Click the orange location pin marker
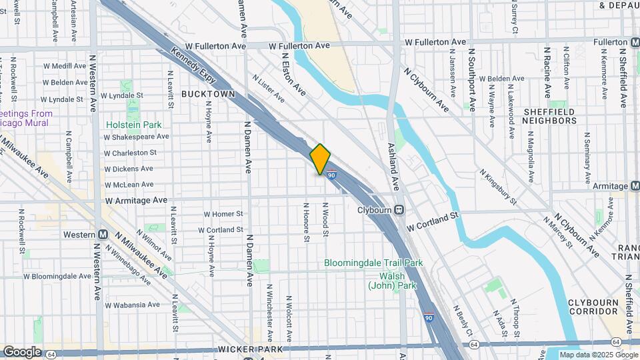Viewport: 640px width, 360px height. point(321,159)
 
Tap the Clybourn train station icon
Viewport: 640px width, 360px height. point(399,209)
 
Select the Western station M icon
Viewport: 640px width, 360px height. point(103,235)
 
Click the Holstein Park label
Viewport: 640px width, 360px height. point(133,125)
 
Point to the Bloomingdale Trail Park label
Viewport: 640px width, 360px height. point(373,263)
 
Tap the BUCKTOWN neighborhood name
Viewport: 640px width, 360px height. point(208,94)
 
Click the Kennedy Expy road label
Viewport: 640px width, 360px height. point(195,69)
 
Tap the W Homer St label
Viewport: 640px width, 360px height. point(223,214)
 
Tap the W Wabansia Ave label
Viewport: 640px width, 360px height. point(128,305)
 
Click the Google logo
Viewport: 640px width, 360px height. point(21,351)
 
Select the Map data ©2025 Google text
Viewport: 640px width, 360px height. point(598,355)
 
